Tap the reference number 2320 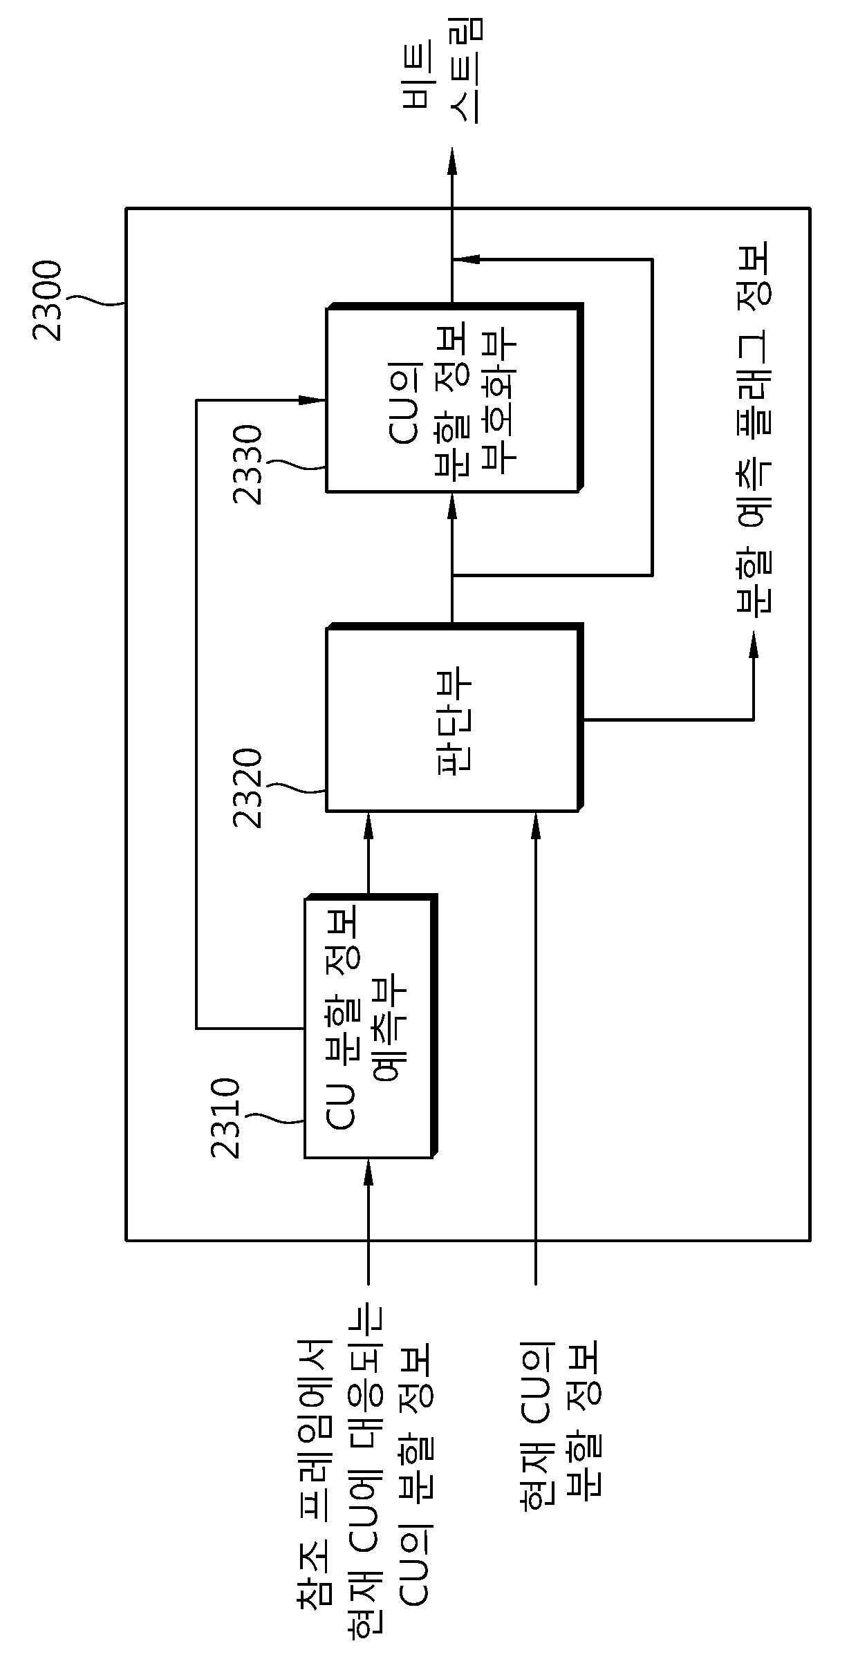[x=248, y=788]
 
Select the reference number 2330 [x=248, y=465]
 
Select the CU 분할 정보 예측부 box [x=371, y=1027]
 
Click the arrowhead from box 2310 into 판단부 [x=368, y=825]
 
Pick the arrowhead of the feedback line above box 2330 [x=312, y=400]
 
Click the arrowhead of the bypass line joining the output [x=466, y=259]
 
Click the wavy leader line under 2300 [x=97, y=301]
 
